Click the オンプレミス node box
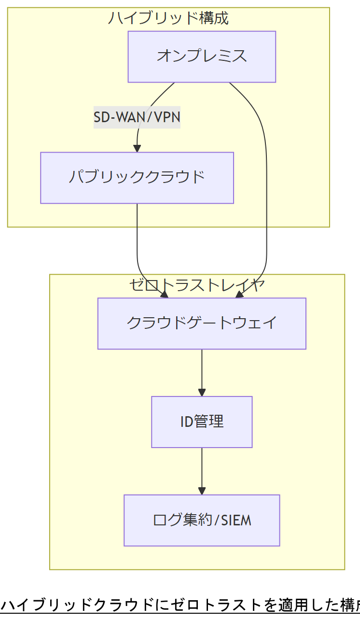[x=202, y=56]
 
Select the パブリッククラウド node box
[x=137, y=178]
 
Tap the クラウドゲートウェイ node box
[x=202, y=323]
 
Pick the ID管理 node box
[x=202, y=422]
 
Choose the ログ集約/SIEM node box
[x=202, y=520]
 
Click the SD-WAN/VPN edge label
[x=137, y=117]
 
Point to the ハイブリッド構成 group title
[x=168, y=18]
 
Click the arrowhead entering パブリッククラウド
[x=137, y=148]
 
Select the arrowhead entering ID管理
[x=202, y=392]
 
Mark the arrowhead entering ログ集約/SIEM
[x=202, y=491]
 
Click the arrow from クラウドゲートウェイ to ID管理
[x=202, y=369]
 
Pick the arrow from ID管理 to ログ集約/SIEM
[x=202, y=468]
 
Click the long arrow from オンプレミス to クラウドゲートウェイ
[x=266, y=193]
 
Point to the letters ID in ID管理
[x=187, y=422]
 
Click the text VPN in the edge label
[x=167, y=117]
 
